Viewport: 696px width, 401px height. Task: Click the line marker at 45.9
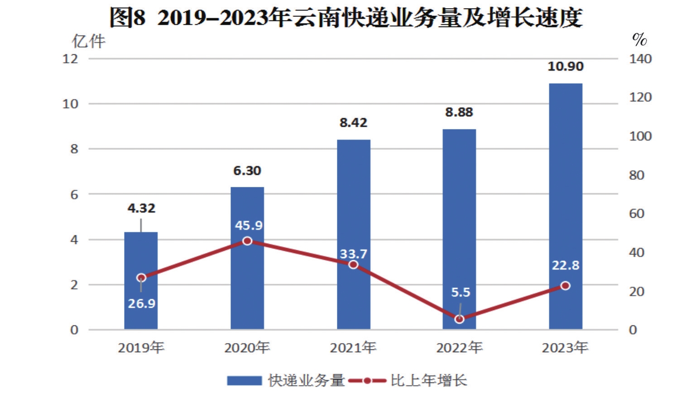[247, 241]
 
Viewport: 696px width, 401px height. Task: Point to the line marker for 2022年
[459, 319]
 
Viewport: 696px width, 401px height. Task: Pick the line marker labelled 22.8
[565, 286]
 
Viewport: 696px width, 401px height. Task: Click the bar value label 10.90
[565, 67]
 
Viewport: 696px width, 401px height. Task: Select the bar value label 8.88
[459, 112]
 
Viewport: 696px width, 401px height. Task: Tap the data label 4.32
[141, 208]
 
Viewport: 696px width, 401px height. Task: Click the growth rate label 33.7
[353, 253]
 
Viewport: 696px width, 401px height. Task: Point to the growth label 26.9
[141, 303]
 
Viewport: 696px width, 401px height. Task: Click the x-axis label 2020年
[247, 348]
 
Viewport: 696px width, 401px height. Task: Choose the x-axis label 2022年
[459, 348]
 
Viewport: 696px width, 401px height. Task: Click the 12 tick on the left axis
[70, 59]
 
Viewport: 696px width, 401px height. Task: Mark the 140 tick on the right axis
[640, 59]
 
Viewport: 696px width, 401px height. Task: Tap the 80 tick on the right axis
[637, 175]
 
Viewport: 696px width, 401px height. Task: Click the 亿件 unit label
[88, 41]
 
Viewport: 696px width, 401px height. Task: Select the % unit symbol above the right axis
[639, 40]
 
